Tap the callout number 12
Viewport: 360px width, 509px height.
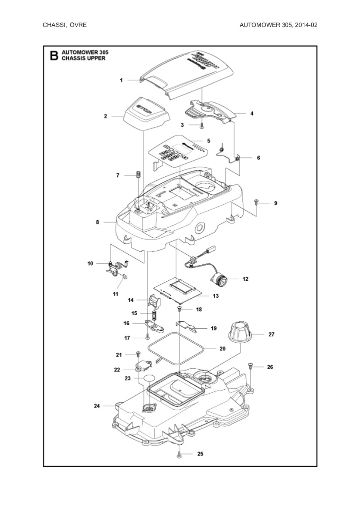tap(245, 279)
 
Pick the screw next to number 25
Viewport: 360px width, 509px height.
tap(179, 455)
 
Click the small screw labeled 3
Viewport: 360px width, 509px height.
tap(202, 125)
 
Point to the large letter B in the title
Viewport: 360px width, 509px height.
tap(54, 55)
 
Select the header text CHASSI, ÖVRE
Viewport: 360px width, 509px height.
tap(65, 25)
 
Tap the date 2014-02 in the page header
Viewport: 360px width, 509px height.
tap(305, 25)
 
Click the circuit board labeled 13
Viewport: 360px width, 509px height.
tap(179, 290)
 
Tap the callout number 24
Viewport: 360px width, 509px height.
tap(97, 406)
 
